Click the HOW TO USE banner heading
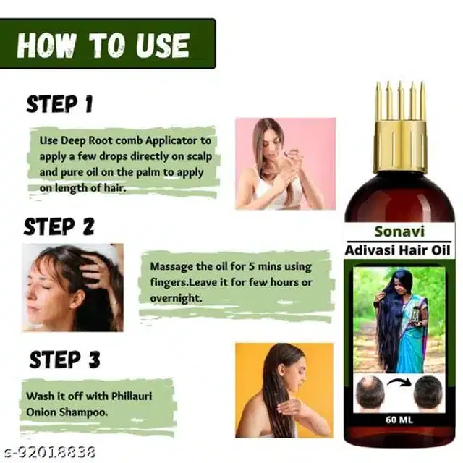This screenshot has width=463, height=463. coord(103,45)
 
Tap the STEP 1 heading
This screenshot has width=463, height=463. coord(59,105)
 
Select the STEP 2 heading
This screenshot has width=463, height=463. coord(59,227)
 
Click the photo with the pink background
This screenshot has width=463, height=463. coord(285,163)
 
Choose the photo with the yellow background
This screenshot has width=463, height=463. coord(284,390)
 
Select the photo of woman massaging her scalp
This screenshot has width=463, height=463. coord(72,287)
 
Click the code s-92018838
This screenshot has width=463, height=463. coord(47,453)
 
